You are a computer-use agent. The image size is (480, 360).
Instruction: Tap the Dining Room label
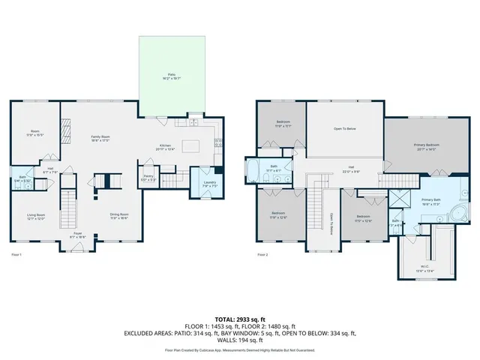120,217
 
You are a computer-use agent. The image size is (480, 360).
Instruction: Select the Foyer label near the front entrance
78,235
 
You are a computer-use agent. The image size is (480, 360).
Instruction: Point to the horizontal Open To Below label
344,129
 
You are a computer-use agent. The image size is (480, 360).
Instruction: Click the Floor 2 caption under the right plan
262,255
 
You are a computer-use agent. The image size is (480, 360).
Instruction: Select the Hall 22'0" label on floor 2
350,169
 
